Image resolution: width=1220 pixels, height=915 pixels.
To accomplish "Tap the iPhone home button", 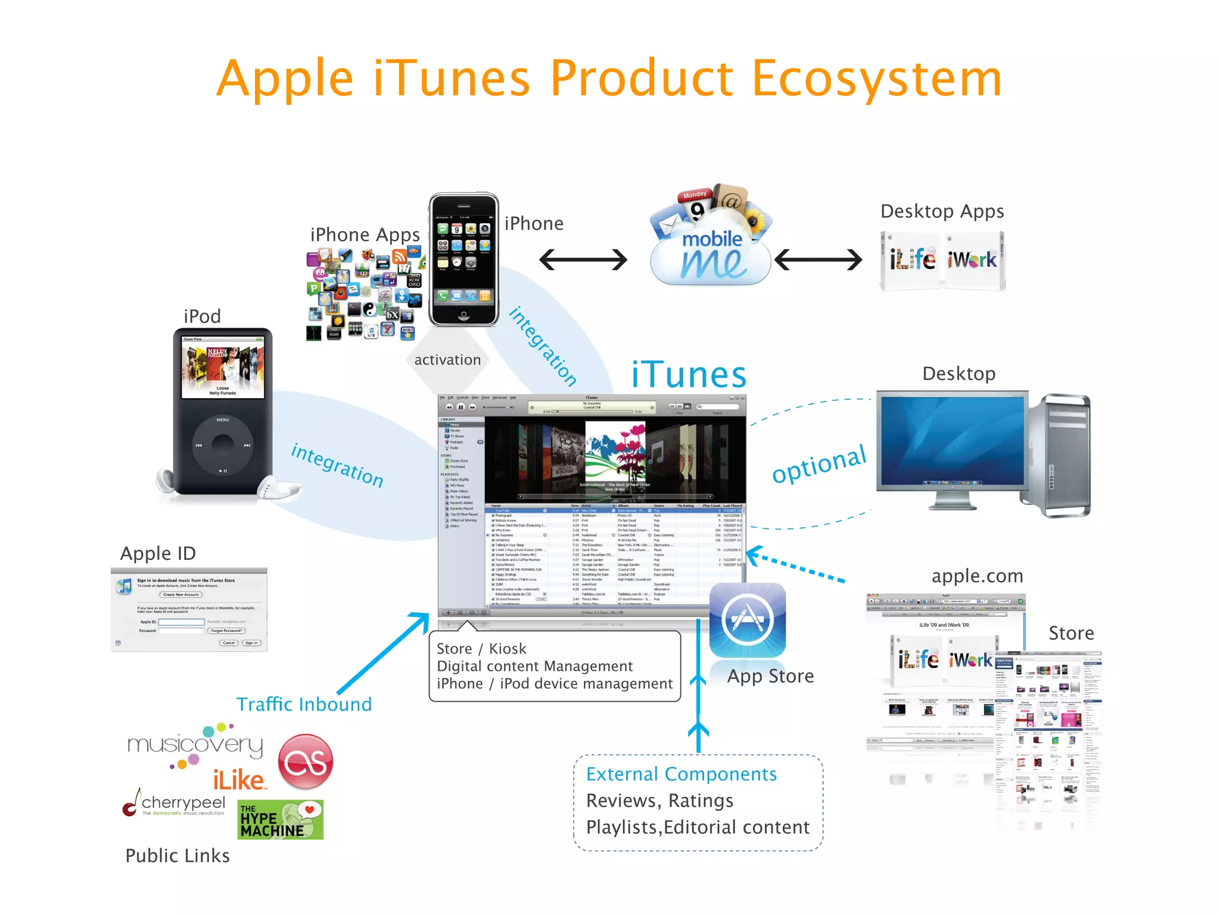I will pyautogui.click(x=463, y=315).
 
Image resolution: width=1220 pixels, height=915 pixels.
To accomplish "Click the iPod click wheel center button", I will pyautogui.click(x=223, y=445).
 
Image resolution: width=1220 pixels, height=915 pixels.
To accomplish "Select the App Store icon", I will pyautogui.click(x=748, y=620).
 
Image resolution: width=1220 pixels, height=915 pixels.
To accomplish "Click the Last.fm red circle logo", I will pyautogui.click(x=306, y=762).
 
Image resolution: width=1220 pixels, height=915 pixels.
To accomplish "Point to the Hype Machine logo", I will pyautogui.click(x=280, y=820).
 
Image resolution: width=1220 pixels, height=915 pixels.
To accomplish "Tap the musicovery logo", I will pyautogui.click(x=195, y=745).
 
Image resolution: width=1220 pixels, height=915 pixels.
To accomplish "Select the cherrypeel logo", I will pyautogui.click(x=176, y=804).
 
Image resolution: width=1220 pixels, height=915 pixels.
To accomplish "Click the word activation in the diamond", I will pyautogui.click(x=447, y=360).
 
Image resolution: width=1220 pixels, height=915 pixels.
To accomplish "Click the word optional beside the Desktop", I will pyautogui.click(x=818, y=465).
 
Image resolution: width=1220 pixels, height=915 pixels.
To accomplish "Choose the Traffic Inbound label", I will pyautogui.click(x=304, y=704).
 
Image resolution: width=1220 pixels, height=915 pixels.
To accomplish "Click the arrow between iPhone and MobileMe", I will pyautogui.click(x=583, y=260).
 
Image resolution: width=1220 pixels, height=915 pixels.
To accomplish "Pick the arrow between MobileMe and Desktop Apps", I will pyautogui.click(x=818, y=260).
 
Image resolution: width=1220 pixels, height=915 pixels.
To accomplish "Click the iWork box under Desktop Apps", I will pyautogui.click(x=973, y=260).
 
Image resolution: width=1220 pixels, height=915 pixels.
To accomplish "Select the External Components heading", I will pyautogui.click(x=681, y=774).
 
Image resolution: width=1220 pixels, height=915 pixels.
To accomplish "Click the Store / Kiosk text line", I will pyautogui.click(x=481, y=649).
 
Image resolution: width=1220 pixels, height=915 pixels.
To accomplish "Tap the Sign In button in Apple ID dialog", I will pyautogui.click(x=251, y=643).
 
